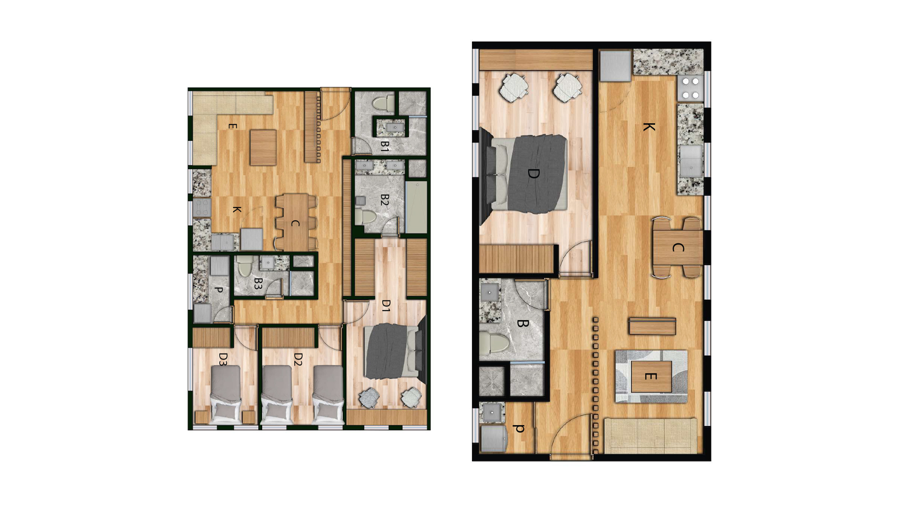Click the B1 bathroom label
(385, 146)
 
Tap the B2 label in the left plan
(385, 200)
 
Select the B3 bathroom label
(258, 283)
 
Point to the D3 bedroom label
(223, 359)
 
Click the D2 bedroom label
(298, 359)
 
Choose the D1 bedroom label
(386, 306)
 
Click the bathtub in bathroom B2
(416, 207)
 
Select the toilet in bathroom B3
(245, 267)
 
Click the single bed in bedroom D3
(226, 394)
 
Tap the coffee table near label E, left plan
(263, 147)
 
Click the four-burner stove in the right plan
(691, 88)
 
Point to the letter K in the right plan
(649, 127)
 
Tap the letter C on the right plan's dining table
(678, 247)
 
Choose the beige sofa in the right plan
(650, 436)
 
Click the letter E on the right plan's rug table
(650, 376)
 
